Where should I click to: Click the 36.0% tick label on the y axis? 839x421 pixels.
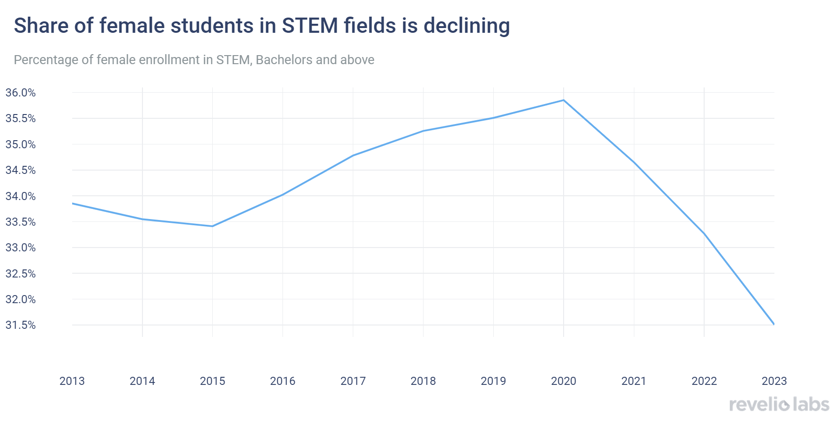pos(20,93)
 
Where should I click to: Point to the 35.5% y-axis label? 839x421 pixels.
pos(20,118)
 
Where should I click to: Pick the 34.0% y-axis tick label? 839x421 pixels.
pos(20,196)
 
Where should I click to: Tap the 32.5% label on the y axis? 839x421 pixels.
pos(20,274)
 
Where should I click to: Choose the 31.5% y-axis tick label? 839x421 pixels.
pos(20,325)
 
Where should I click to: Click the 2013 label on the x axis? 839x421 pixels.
pos(72,381)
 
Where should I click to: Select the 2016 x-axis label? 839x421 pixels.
pos(283,381)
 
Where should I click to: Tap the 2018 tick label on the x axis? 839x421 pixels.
pos(423,381)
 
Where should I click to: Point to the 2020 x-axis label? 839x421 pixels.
pos(564,381)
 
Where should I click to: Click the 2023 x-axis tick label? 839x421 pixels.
pos(774,381)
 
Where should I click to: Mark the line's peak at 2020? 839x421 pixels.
pos(564,100)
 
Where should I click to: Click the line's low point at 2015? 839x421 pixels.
pos(212,226)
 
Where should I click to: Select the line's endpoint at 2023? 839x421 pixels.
pos(774,324)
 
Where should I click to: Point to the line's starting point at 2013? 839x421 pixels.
pos(73,203)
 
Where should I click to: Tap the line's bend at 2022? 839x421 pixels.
pos(704,233)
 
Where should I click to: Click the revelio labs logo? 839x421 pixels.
pos(779,404)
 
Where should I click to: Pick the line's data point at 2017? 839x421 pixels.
pos(353,155)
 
